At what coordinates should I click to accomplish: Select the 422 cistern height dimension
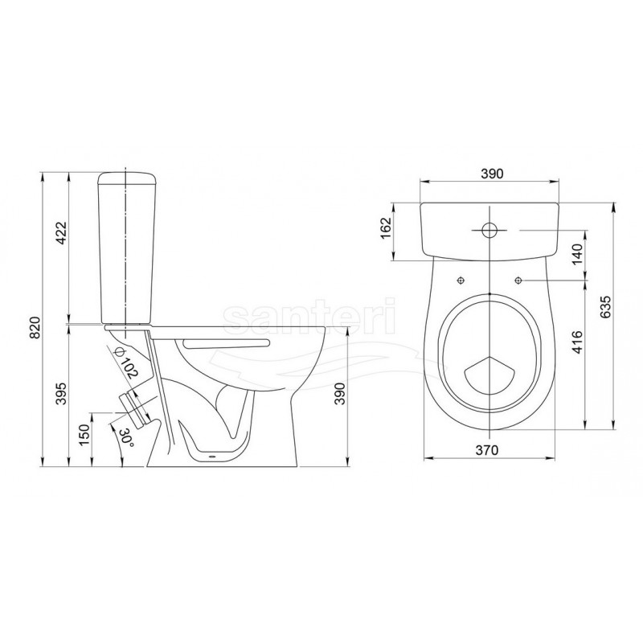click(x=61, y=233)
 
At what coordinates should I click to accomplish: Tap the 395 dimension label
click(x=61, y=393)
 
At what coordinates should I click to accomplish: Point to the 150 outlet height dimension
click(x=84, y=435)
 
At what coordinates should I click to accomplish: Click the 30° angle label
click(x=125, y=438)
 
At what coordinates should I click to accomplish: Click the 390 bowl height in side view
click(x=340, y=394)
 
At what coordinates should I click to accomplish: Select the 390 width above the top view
click(x=492, y=174)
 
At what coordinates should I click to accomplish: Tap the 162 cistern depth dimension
click(x=387, y=228)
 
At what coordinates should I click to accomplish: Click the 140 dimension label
click(x=577, y=254)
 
